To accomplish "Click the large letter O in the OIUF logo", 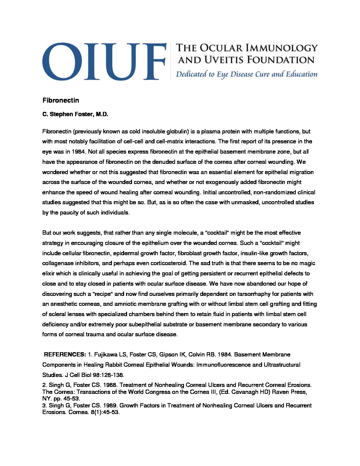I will pyautogui.click(x=62, y=61).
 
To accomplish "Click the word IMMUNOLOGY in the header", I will pyautogui.click(x=282, y=48).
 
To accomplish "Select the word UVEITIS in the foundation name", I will pyautogui.click(x=224, y=60).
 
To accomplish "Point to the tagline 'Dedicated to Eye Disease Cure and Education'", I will pyautogui.click(x=247, y=74).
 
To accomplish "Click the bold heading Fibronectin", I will pyautogui.click(x=61, y=100).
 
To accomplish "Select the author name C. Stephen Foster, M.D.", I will pyautogui.click(x=75, y=115).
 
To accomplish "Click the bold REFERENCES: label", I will pyautogui.click(x=65, y=354).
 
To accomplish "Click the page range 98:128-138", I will pyautogui.click(x=109, y=375).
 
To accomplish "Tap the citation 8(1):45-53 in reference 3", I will pyautogui.click(x=105, y=412).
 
